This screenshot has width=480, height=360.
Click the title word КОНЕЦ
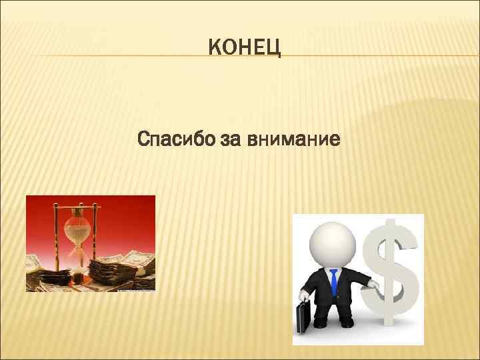pyautogui.click(x=245, y=48)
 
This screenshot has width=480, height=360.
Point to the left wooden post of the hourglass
pyautogui.click(x=56, y=233)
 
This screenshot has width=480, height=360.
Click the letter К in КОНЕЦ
pyautogui.click(x=215, y=48)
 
